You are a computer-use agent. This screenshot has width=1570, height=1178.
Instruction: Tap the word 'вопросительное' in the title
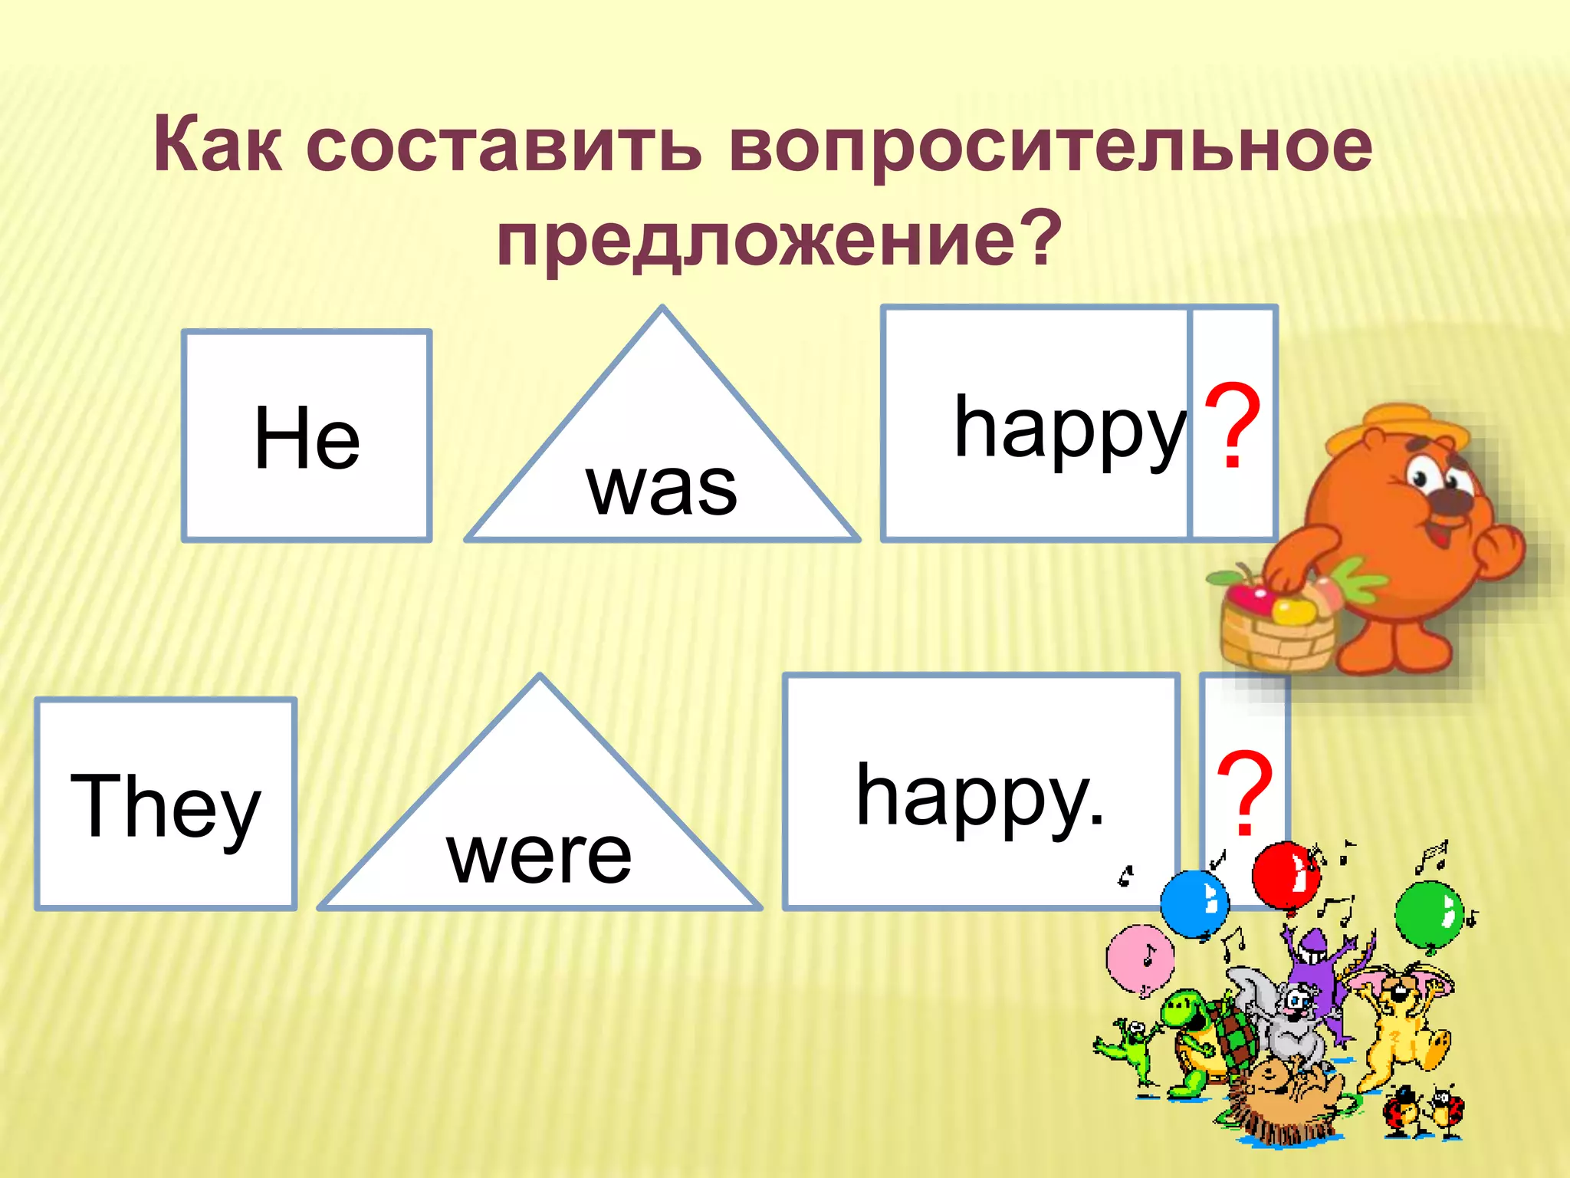(1050, 146)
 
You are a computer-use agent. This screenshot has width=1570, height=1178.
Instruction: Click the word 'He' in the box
(307, 439)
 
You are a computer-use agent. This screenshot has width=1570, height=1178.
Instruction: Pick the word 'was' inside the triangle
(662, 488)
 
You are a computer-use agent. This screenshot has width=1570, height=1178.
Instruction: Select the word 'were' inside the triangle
(539, 856)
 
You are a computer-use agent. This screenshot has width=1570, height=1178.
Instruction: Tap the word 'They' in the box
(166, 807)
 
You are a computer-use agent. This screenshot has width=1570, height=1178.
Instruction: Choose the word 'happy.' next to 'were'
(980, 798)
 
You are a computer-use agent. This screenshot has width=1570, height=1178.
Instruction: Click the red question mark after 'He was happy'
(1232, 426)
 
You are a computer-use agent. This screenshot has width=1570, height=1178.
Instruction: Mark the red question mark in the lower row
(1245, 795)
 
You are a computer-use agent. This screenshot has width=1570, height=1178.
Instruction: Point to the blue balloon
(1194, 903)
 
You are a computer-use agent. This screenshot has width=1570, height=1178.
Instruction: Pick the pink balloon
(1140, 959)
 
